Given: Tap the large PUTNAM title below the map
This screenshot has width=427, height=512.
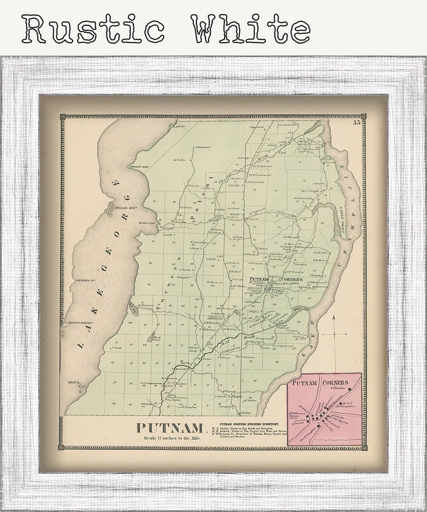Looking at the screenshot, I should (170, 428).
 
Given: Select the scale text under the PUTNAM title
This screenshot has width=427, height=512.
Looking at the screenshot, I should (171, 438).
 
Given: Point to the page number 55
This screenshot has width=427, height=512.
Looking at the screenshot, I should (357, 123).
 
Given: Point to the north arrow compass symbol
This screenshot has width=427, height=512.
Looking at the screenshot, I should (333, 335).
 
